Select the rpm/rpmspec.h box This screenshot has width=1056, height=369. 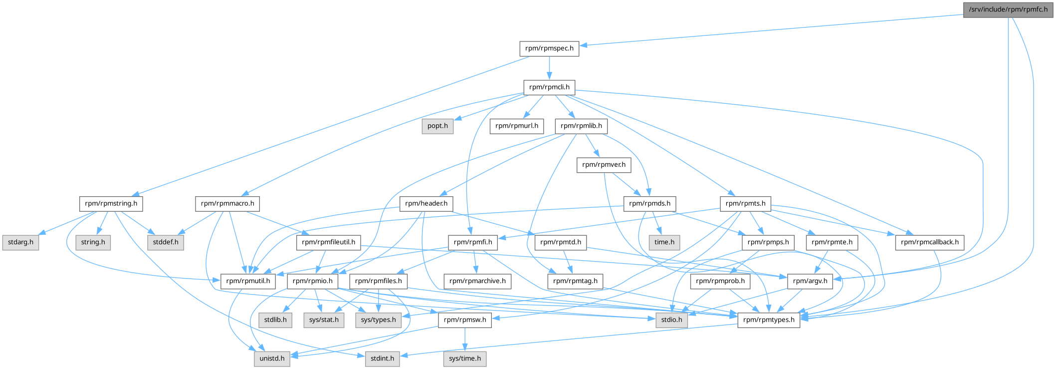click(549, 48)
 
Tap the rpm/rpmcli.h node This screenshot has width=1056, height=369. click(549, 87)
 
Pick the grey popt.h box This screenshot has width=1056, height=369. click(437, 126)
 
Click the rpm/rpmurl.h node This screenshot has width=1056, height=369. click(516, 126)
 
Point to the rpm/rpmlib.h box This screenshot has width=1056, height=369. click(581, 126)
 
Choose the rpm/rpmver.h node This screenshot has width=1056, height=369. click(604, 165)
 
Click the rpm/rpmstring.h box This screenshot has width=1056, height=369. click(111, 204)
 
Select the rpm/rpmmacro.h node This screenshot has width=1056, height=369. click(227, 204)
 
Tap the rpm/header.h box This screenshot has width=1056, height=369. click(426, 204)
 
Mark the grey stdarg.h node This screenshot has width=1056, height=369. click(20, 242)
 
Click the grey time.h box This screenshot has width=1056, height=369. click(664, 242)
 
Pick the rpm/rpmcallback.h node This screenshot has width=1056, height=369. click(930, 242)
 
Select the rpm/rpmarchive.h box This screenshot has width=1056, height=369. click(477, 281)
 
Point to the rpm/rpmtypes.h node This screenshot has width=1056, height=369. click(769, 320)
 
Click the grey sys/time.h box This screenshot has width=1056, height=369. click(465, 359)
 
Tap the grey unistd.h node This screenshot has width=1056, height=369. click(272, 359)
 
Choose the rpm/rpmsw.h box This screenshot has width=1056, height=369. click(464, 320)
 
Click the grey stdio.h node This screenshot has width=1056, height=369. click(672, 320)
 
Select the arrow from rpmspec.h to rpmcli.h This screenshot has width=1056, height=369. click(549, 67)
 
